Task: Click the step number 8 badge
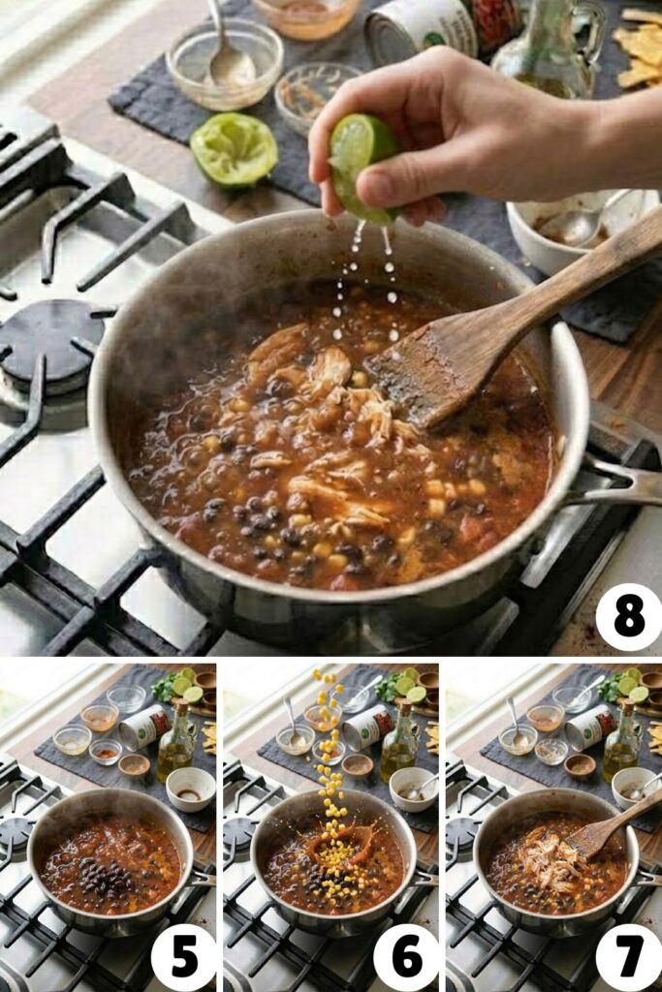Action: pyautogui.click(x=628, y=617)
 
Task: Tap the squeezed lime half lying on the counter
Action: pyautogui.click(x=234, y=149)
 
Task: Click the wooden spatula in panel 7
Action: pyautogui.click(x=602, y=829)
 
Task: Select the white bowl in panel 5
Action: pyautogui.click(x=191, y=788)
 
